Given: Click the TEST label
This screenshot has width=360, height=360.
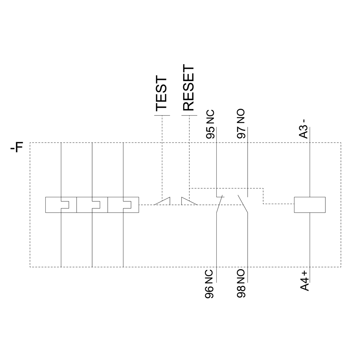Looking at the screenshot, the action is click(161, 94).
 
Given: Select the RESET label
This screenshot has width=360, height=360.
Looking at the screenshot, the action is click(189, 87).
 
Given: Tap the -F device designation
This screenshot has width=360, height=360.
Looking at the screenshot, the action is click(17, 148).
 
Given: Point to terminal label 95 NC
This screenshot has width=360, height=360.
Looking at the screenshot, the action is click(210, 124).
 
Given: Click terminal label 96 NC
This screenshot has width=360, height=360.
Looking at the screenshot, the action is click(209, 284).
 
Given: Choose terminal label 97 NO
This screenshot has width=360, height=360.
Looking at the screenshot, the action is click(241, 124).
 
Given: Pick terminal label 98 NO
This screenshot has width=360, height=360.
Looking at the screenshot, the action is click(241, 284).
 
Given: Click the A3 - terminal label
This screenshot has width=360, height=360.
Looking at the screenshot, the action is click(304, 129).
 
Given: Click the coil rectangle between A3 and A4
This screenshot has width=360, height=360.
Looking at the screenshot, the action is click(310, 205).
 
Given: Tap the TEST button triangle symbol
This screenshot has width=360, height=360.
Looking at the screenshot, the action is click(162, 201).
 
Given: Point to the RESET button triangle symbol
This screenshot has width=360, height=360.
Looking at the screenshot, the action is click(189, 201).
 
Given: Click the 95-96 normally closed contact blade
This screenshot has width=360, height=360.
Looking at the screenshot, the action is click(219, 204).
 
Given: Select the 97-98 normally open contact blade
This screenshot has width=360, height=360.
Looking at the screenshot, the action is click(243, 204).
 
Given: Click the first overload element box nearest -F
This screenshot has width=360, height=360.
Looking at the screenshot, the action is click(61, 205).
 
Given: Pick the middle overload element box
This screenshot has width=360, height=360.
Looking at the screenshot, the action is click(92, 205).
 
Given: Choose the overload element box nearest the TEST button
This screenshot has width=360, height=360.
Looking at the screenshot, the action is click(123, 205).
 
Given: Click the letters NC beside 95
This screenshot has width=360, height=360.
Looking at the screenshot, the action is click(210, 117).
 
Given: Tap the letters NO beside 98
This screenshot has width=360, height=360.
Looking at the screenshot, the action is click(241, 276).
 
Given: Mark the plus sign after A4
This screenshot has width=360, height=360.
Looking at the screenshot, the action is click(305, 274).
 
